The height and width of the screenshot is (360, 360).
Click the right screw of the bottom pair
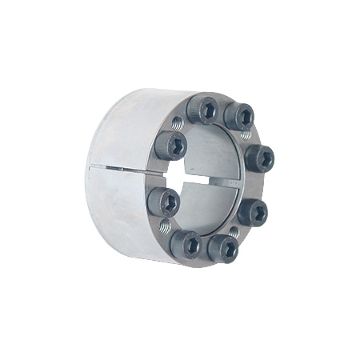223,248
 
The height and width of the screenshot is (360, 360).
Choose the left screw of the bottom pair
186,242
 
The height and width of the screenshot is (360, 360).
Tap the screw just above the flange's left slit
170,145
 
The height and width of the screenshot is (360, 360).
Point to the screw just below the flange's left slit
164,201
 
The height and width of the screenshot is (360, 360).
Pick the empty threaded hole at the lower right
234,233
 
